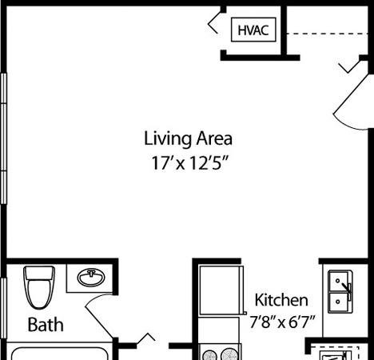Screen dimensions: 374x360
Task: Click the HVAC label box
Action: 253,30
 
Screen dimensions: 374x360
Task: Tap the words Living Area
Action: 188,138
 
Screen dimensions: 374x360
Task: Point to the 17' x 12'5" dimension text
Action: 190,163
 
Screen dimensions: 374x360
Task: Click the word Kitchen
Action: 281,300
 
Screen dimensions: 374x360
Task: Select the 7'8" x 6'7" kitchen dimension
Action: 282,322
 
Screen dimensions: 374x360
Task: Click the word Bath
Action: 46,325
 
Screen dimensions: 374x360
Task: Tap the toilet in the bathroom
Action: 39,287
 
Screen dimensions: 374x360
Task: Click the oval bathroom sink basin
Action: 91,278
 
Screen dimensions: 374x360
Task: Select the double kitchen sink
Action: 340,292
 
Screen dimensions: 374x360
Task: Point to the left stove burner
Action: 209,354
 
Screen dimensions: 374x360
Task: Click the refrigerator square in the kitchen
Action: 221,290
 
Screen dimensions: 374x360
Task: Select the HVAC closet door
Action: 213,23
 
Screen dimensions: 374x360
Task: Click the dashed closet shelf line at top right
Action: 328,34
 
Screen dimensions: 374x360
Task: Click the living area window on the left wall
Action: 3,138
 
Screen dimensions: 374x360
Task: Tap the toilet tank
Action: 39,273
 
